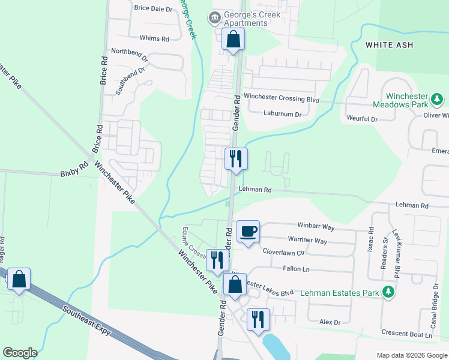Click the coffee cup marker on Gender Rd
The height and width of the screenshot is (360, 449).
[249, 231]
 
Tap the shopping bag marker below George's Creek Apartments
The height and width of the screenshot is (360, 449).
[232, 40]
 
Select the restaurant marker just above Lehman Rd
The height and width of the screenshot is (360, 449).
[236, 159]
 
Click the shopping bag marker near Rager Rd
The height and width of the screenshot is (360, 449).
[19, 279]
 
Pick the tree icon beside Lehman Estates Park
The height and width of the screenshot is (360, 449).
[389, 292]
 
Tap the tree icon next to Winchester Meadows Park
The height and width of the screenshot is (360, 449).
[438, 98]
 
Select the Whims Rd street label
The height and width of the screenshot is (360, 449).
[154, 38]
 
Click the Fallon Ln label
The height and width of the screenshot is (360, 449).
[296, 269]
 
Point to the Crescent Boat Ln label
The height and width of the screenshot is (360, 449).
[407, 334]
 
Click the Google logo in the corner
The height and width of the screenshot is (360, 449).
[19, 353]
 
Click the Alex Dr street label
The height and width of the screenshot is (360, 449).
[330, 322]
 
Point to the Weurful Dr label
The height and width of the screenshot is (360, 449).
[362, 119]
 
